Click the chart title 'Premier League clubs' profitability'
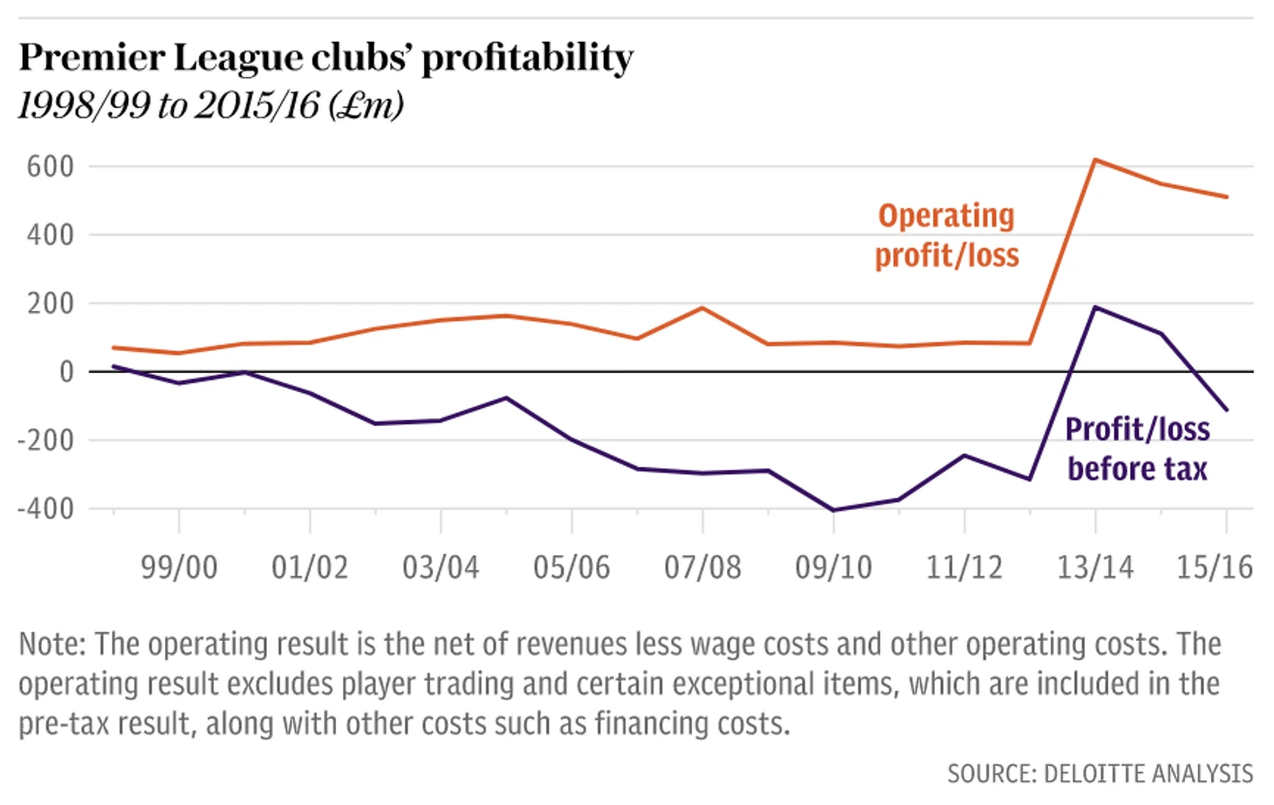coord(325,58)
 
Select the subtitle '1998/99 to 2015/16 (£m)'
coord(210,106)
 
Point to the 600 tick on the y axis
coord(50,166)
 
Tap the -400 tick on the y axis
coord(45,508)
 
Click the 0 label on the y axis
coord(66,372)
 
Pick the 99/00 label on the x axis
coord(179,568)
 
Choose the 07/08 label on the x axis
coord(702,568)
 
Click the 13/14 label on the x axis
coord(1095,568)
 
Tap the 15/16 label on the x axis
coord(1214,568)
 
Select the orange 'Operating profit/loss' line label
coord(947,236)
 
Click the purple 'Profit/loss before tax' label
coord(1137,449)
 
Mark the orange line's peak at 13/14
coord(1095,160)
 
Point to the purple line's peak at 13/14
coord(1095,307)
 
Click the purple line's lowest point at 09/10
coord(833,510)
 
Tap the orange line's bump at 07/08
coord(702,307)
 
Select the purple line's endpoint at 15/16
coord(1226,409)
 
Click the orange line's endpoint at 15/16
coord(1226,196)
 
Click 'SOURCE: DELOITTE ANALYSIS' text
coord(1099,774)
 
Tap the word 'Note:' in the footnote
coord(52,644)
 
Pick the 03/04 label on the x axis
coord(441,568)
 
